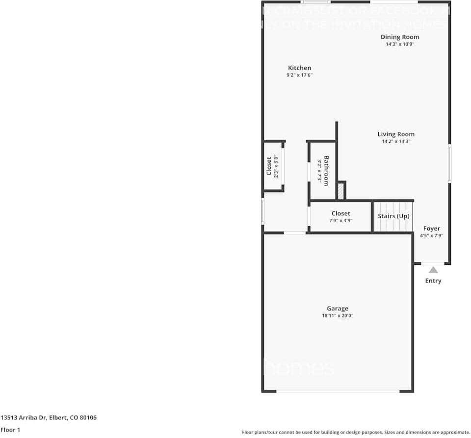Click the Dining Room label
coord(400,37)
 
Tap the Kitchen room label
coord(299,68)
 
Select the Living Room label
coord(396,134)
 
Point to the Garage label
coord(338,309)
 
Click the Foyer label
coord(432,229)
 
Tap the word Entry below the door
coord(433,281)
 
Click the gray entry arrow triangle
coord(433,270)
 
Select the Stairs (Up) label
coord(393,216)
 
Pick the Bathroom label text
coord(326,171)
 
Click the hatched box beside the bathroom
coord(340,191)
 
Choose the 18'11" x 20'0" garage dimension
coord(338,316)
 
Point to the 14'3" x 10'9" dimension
coord(400,44)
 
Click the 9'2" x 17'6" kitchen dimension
coord(299,75)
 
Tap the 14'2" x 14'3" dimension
coord(396,141)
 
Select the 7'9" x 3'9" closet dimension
coord(340,221)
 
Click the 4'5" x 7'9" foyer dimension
coord(432,235)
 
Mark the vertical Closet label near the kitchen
coord(269,166)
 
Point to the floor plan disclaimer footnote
coord(356,432)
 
